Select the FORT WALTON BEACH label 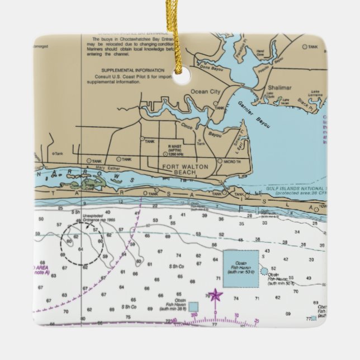point(178,170)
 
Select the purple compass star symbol point(215,295)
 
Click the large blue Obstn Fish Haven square point(241,268)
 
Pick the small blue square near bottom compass point(193,306)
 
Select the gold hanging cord point(180,34)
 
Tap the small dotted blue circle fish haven point(264,270)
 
